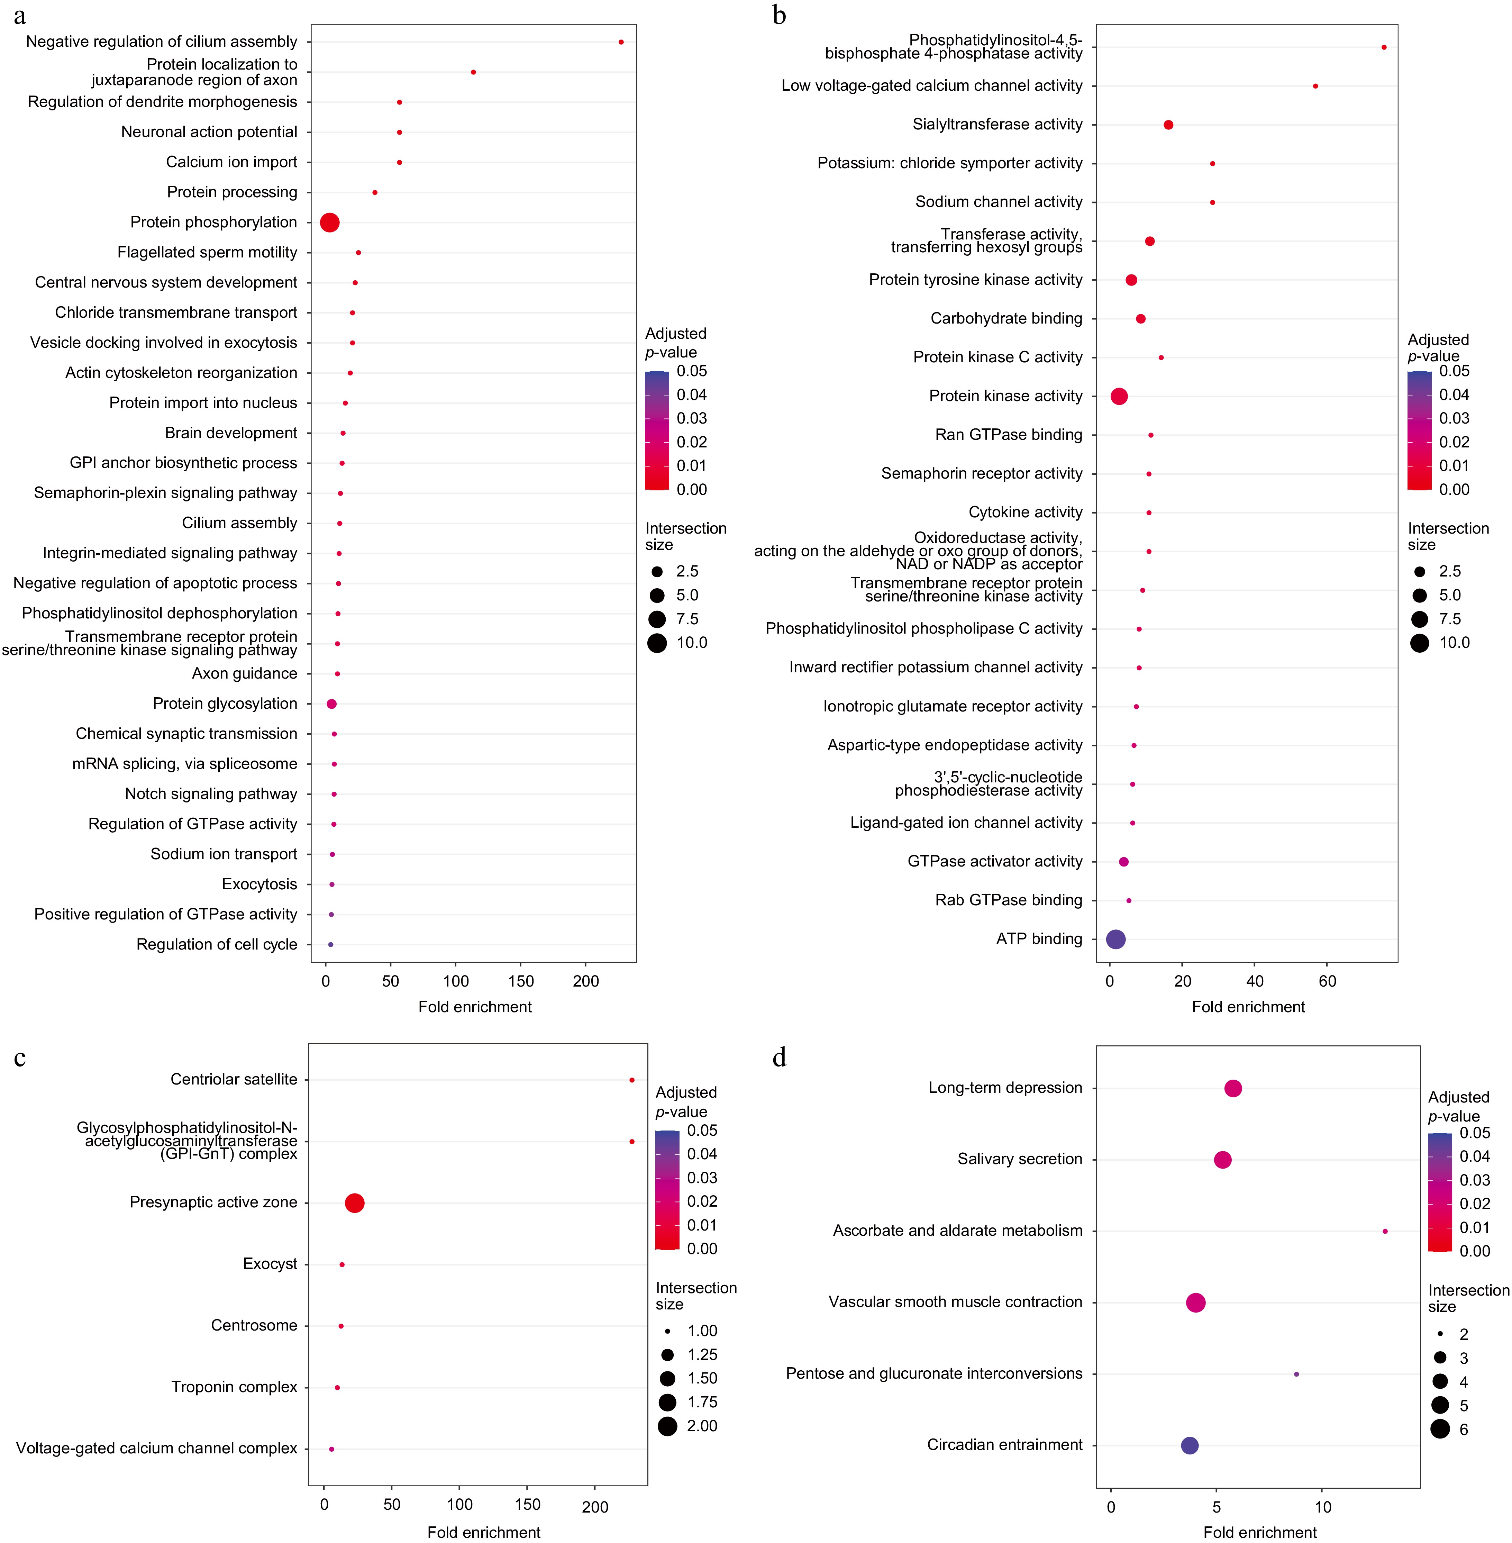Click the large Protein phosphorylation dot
click(x=329, y=223)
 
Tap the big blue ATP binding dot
click(x=1116, y=940)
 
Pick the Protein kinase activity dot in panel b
click(x=1119, y=396)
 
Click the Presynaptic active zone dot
click(x=355, y=1203)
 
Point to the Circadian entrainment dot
click(x=1190, y=1445)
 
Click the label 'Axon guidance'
click(x=245, y=673)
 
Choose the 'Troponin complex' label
click(x=234, y=1387)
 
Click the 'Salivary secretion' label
click(x=1020, y=1159)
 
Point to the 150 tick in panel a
click(x=521, y=981)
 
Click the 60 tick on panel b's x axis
click(x=1328, y=981)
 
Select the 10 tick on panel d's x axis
click(x=1323, y=1506)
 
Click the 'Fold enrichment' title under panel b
click(x=1248, y=1007)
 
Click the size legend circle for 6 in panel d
click(x=1440, y=1429)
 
